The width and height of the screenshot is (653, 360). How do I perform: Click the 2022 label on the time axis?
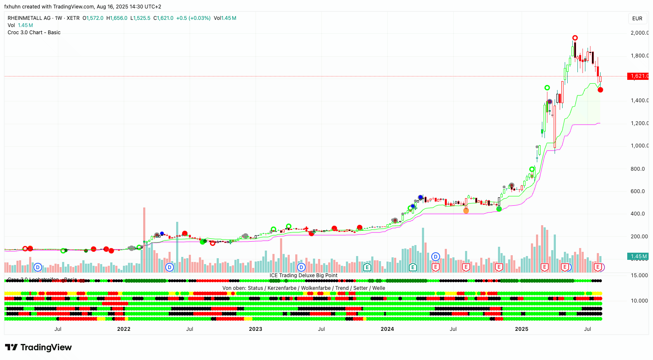tap(124, 329)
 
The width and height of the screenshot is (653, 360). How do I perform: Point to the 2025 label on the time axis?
tap(522, 329)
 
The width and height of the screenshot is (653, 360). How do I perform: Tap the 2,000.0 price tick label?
tap(639, 33)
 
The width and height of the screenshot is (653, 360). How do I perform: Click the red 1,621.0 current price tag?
tap(639, 76)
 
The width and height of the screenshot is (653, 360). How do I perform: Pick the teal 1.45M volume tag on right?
tap(638, 256)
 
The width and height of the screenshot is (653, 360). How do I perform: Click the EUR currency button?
tap(637, 19)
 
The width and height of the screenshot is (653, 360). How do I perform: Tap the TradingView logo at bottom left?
tap(38, 347)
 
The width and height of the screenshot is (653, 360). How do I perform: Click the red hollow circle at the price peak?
tap(575, 38)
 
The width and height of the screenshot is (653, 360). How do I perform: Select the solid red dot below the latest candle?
tap(600, 90)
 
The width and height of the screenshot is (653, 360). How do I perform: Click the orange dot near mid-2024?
tap(466, 210)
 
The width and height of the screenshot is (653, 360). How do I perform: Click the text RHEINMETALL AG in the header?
tap(29, 18)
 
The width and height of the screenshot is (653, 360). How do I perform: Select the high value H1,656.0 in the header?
tap(117, 18)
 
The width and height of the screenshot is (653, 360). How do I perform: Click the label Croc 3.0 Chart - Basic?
tap(34, 33)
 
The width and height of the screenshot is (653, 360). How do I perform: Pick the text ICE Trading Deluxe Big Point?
tap(303, 275)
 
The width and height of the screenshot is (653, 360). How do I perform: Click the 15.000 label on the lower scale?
tap(639, 275)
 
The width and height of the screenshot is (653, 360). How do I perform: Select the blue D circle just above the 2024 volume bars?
tap(435, 256)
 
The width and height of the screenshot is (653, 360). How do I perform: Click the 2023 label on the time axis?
tap(256, 329)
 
